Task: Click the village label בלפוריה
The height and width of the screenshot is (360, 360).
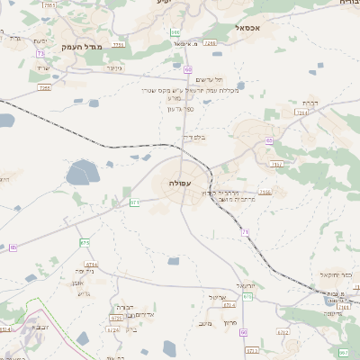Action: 193,138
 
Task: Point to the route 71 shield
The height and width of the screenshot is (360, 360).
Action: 244,232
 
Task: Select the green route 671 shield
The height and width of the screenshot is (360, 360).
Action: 134,202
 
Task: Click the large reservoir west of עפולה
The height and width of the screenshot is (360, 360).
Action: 82,172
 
